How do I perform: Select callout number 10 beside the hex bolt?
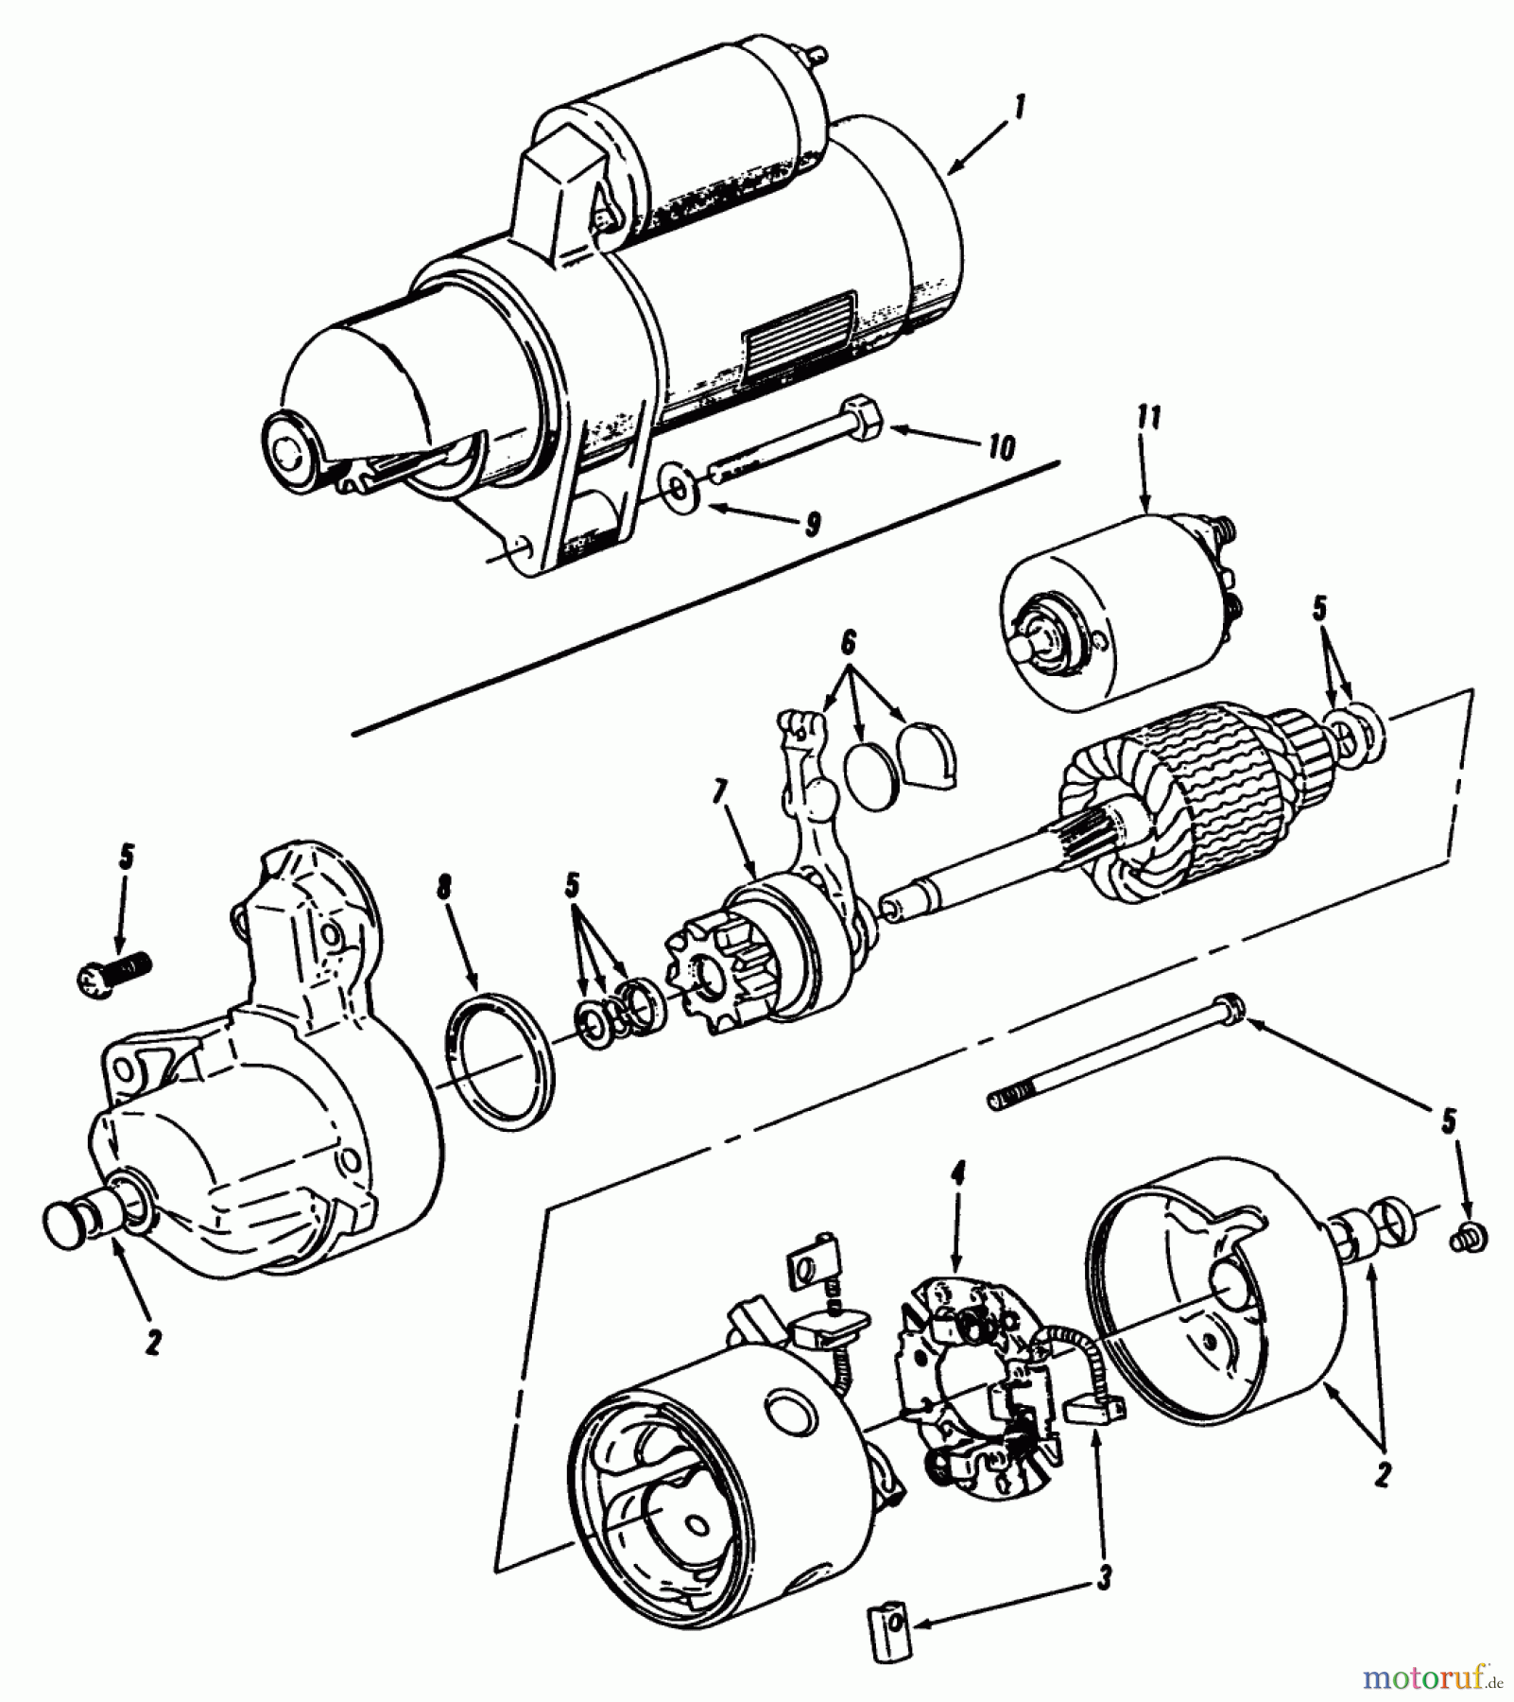[1001, 445]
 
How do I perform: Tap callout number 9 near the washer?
[812, 522]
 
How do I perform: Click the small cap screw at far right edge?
[1470, 1235]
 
